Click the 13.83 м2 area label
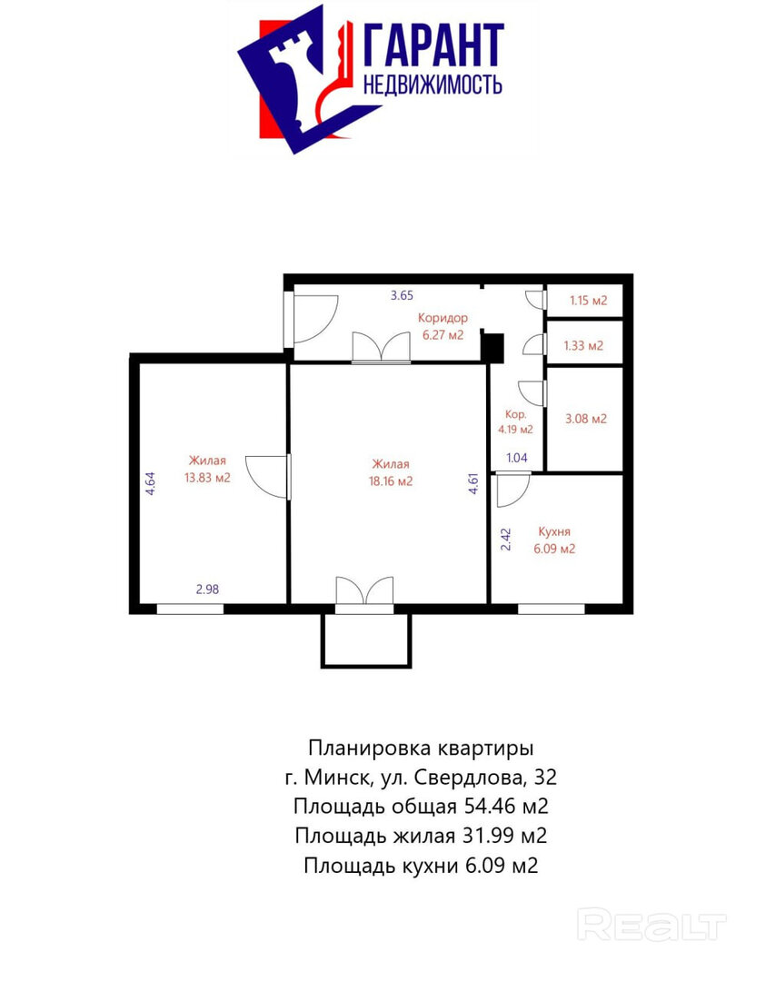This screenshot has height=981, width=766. (x=207, y=478)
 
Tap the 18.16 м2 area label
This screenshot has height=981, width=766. (x=391, y=481)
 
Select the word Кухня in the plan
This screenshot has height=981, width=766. (x=554, y=531)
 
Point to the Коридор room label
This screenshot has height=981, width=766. (x=443, y=318)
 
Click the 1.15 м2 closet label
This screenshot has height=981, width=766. (x=588, y=301)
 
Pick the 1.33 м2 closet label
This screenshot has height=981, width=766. (x=583, y=345)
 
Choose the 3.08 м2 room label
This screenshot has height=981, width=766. (x=586, y=419)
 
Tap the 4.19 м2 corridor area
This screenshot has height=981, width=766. (x=516, y=430)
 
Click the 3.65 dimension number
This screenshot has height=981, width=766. (x=402, y=295)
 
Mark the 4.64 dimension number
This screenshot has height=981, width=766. (x=150, y=483)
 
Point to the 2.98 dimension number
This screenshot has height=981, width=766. (x=208, y=590)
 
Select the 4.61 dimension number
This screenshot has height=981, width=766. (x=474, y=483)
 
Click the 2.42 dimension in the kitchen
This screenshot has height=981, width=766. (x=506, y=540)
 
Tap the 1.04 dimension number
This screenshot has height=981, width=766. (x=517, y=458)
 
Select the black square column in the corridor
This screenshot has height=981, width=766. (x=492, y=348)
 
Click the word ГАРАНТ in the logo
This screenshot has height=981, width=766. (x=433, y=45)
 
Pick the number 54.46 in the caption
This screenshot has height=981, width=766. (x=485, y=806)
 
